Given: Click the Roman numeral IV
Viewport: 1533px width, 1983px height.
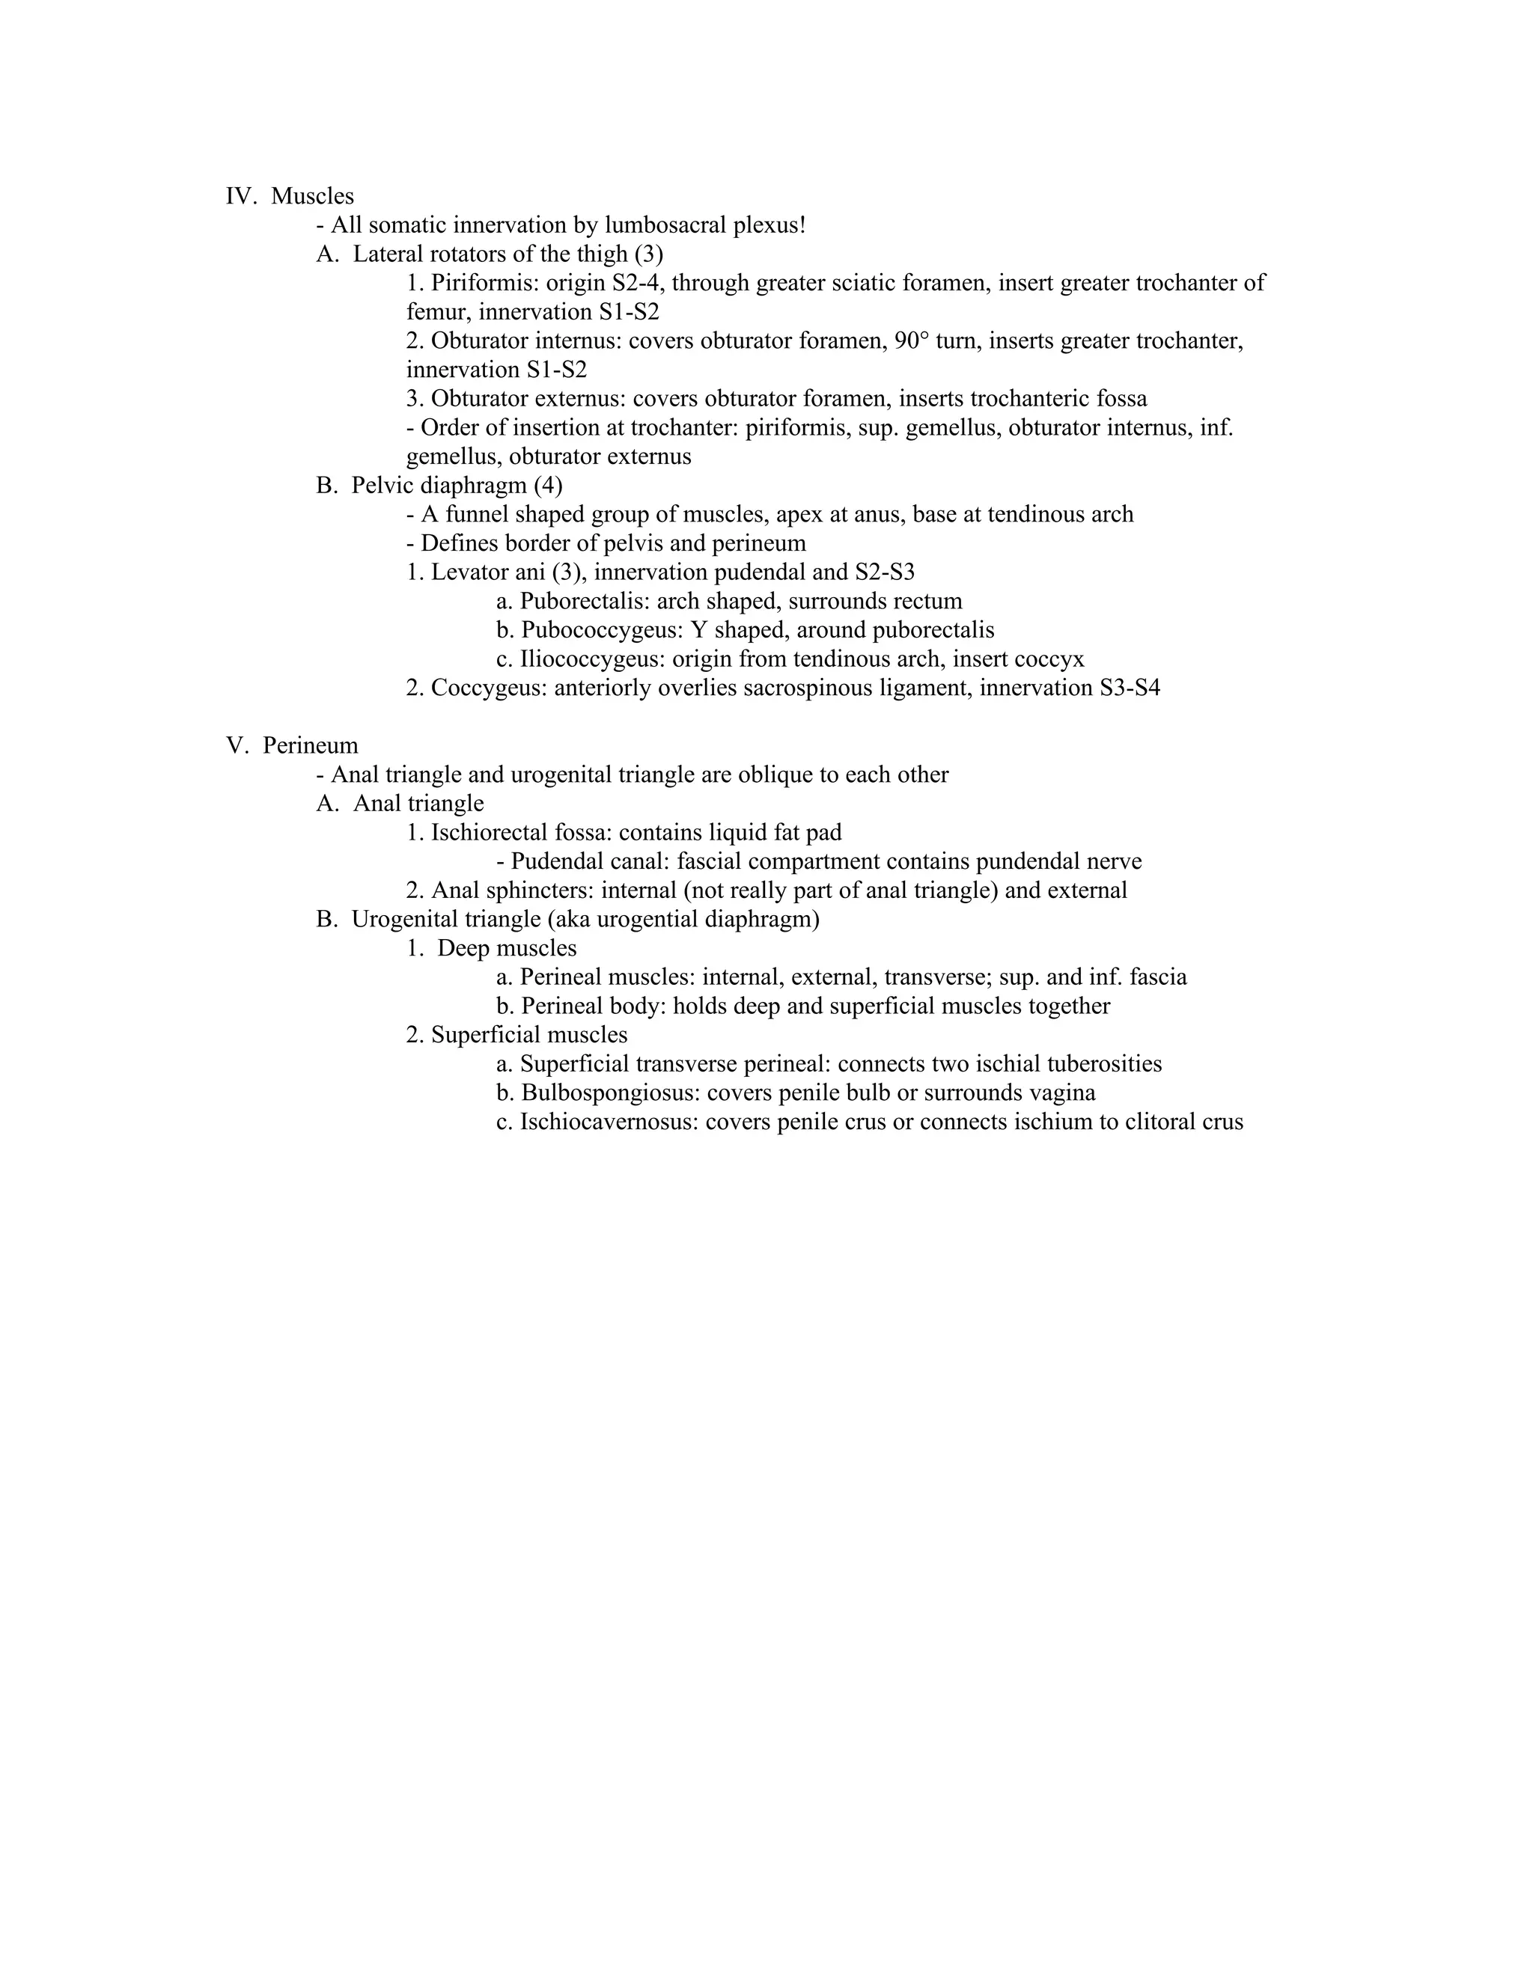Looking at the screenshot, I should click(241, 196).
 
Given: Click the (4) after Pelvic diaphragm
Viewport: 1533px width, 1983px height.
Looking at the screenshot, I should click(549, 486).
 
